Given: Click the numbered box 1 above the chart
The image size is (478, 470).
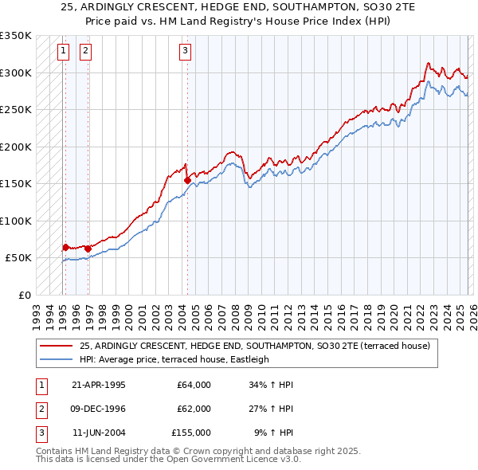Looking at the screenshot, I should (62, 52).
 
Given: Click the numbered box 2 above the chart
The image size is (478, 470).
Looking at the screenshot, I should (84, 52).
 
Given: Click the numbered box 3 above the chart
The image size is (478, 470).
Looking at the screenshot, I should (185, 52).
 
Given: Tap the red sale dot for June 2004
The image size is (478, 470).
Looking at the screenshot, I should (187, 180).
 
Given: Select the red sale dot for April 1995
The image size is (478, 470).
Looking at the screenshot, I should (65, 247).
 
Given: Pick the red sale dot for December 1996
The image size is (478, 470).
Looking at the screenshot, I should (88, 249).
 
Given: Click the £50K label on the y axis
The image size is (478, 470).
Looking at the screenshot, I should (18, 258).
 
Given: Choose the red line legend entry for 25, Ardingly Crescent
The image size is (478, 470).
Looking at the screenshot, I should (255, 346).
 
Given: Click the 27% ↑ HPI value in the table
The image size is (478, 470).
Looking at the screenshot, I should (275, 409).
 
